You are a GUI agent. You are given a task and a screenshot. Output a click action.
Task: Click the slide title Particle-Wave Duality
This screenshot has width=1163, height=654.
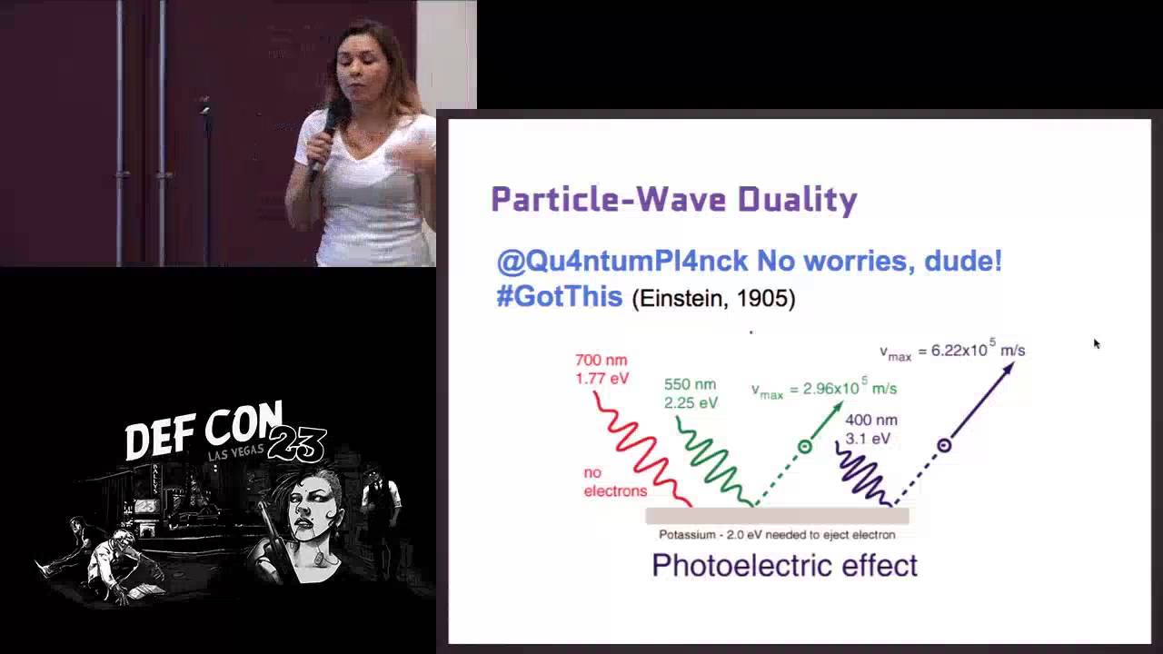[673, 200]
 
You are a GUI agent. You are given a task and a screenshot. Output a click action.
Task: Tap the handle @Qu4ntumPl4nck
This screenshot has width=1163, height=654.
[622, 262]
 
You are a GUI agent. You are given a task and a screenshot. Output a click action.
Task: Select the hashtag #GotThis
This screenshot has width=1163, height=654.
[559, 297]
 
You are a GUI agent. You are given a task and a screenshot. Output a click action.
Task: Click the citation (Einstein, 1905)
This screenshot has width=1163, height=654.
[713, 299]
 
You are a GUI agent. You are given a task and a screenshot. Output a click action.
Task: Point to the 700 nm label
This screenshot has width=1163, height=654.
[601, 361]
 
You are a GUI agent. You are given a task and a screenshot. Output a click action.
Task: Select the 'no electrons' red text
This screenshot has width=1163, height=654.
[615, 482]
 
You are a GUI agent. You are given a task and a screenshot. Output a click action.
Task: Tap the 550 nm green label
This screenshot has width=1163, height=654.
[690, 384]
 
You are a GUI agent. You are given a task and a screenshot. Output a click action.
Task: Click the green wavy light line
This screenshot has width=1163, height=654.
[714, 461]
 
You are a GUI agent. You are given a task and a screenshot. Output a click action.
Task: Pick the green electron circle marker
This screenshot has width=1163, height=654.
[804, 446]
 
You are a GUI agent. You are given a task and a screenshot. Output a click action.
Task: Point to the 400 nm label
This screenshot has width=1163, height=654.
[870, 421]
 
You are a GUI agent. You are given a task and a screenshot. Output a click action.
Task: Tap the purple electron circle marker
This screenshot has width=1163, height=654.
[944, 445]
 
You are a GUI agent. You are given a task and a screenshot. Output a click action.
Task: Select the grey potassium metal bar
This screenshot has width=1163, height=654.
[777, 516]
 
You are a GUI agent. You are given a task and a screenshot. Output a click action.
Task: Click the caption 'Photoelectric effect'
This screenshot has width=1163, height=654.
[784, 566]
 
